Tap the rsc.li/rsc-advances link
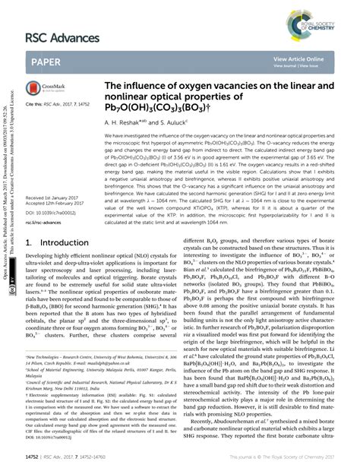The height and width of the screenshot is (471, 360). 47,222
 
